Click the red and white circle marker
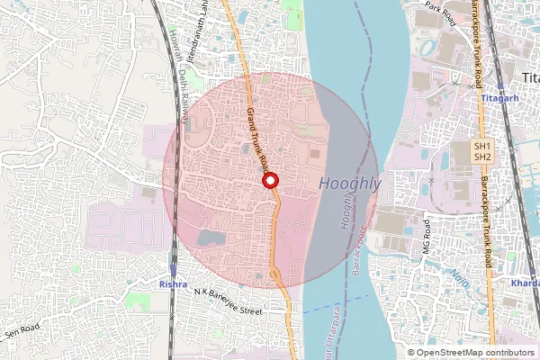point(269,181)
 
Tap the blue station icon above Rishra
point(172,269)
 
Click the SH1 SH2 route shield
point(483,151)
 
